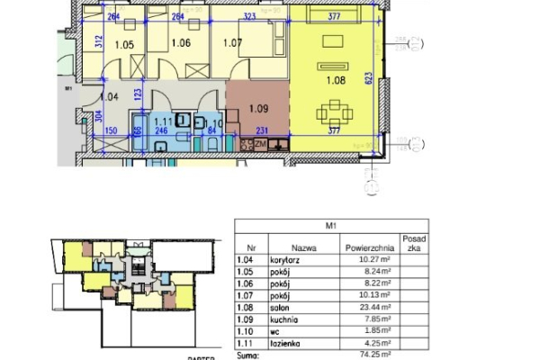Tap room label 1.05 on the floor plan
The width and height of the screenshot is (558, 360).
coord(124,43)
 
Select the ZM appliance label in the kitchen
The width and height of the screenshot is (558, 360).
coord(260,144)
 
